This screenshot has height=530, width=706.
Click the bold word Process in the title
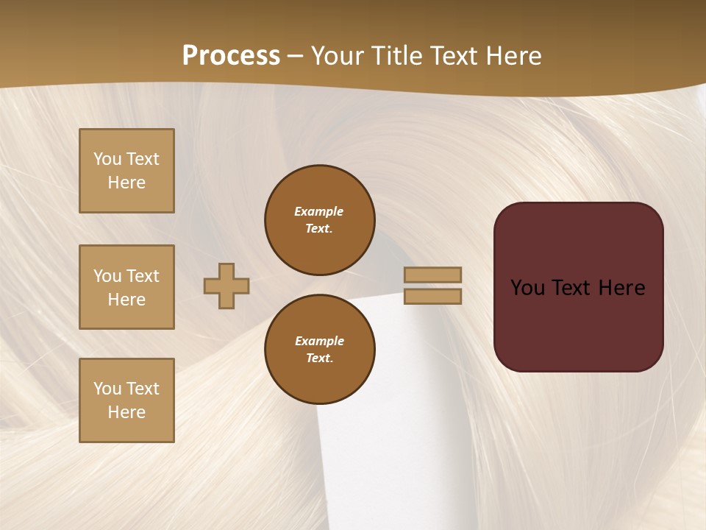pos(231,56)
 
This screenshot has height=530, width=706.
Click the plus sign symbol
pos(227,286)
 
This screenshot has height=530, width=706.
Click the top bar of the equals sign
pos(432,275)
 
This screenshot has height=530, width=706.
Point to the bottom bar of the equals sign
pos(432,297)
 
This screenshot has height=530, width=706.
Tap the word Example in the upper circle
pos(318,211)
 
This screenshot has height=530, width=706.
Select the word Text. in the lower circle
pos(319,358)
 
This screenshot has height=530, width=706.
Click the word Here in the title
pos(509,56)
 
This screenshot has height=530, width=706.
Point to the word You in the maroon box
pos(528,288)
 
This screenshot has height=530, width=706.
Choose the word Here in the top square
pos(126,183)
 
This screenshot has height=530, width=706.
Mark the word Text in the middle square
pos(142,276)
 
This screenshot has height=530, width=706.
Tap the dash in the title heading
pos(295,56)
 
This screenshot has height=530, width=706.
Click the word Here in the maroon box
pos(621,288)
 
